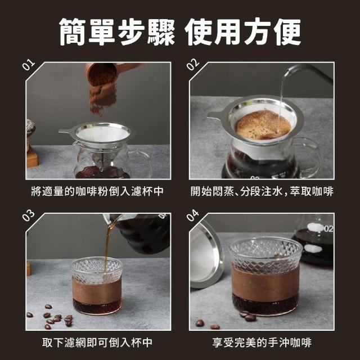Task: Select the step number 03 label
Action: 29,215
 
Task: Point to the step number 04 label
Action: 192,215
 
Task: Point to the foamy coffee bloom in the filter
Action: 263,125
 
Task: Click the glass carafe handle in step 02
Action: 308,157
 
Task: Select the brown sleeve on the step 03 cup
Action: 97,290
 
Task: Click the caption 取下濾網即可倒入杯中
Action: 97,343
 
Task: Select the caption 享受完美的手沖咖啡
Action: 262,343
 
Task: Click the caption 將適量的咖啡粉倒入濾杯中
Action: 97,191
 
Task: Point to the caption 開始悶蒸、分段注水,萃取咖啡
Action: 262,191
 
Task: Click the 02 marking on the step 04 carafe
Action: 328,229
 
